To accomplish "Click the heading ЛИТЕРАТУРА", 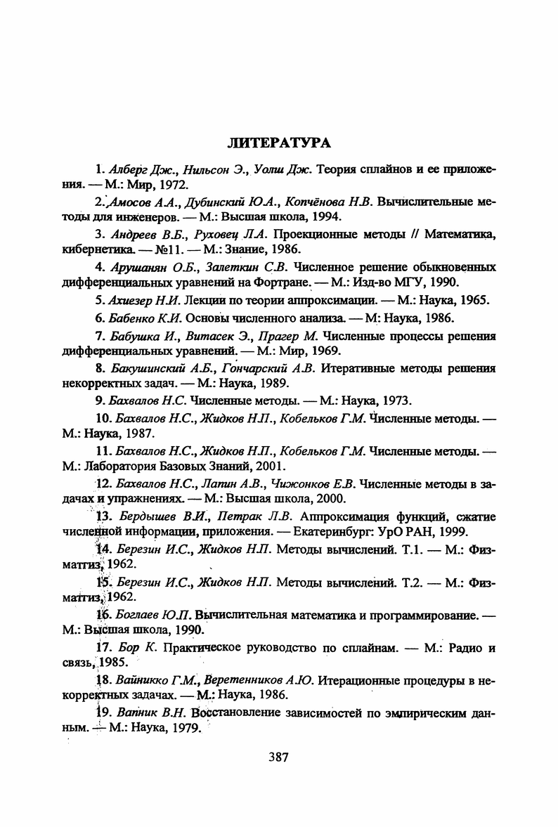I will pyautogui.click(x=279, y=143).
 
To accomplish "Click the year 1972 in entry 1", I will pyautogui.click(x=173, y=185).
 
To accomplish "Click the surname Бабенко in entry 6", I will pyautogui.click(x=133, y=318).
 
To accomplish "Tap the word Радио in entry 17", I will pyautogui.click(x=465, y=648).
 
